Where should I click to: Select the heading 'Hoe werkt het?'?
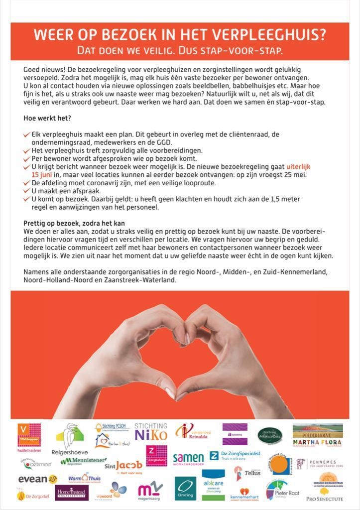pos(47,118)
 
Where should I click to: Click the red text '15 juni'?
pos(42,175)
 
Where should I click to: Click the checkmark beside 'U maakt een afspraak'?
pos(27,191)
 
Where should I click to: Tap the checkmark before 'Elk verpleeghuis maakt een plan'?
pos(27,134)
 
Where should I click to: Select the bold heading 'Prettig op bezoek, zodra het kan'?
pos(74,223)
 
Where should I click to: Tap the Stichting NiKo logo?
pos(151,432)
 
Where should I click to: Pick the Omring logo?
pos(185,488)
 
